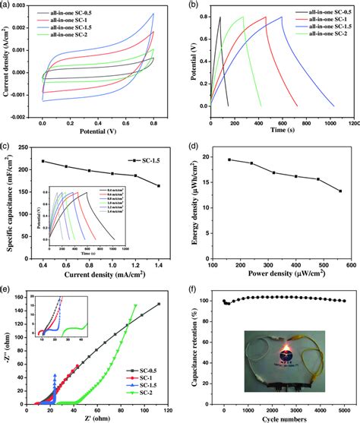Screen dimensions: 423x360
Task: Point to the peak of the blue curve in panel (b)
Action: tap(282, 17)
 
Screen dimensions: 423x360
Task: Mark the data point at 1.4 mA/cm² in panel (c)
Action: tap(158, 186)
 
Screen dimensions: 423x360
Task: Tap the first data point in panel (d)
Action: tap(229, 159)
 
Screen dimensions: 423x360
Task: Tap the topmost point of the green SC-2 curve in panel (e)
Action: tap(135, 306)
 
